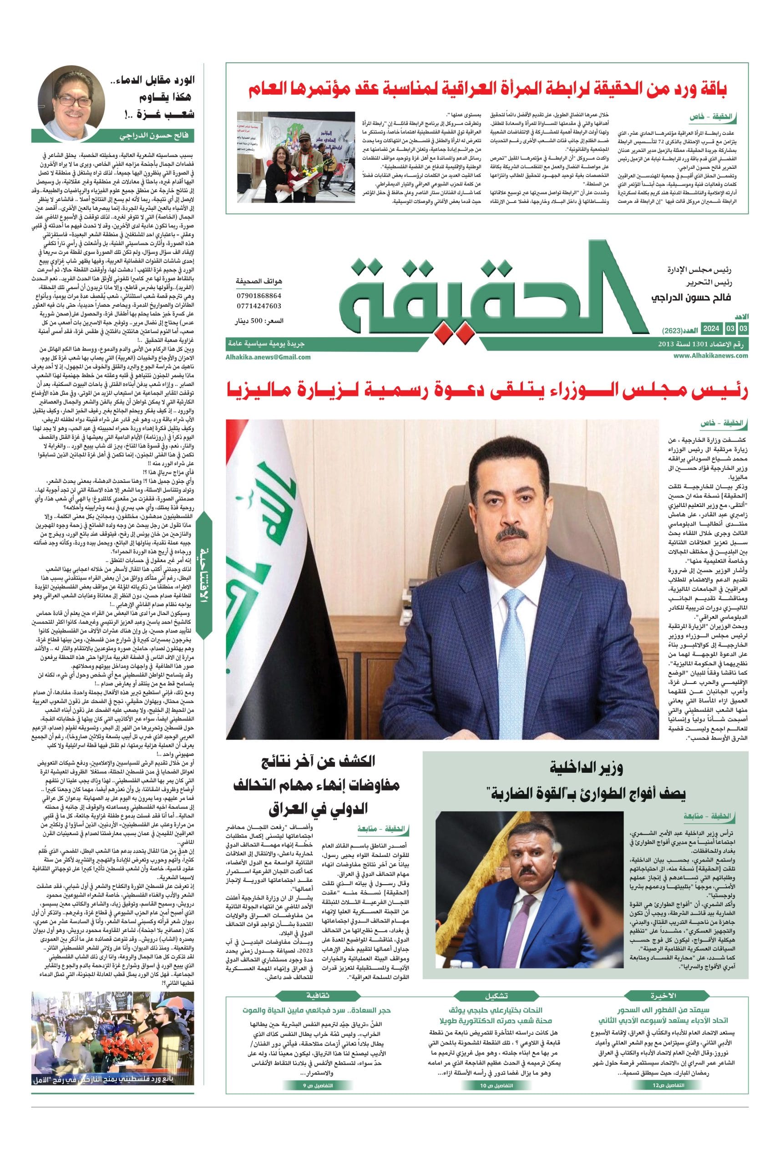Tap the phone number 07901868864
[x=258, y=295]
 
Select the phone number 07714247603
[x=258, y=306]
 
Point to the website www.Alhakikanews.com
[x=711, y=355]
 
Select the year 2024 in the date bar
[x=711, y=329]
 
